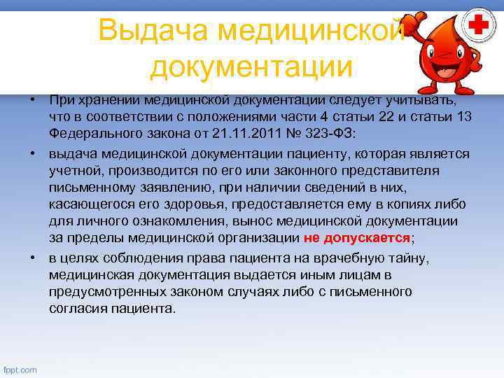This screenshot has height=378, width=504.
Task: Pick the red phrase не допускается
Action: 357,237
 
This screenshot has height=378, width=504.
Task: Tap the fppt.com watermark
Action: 20,369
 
